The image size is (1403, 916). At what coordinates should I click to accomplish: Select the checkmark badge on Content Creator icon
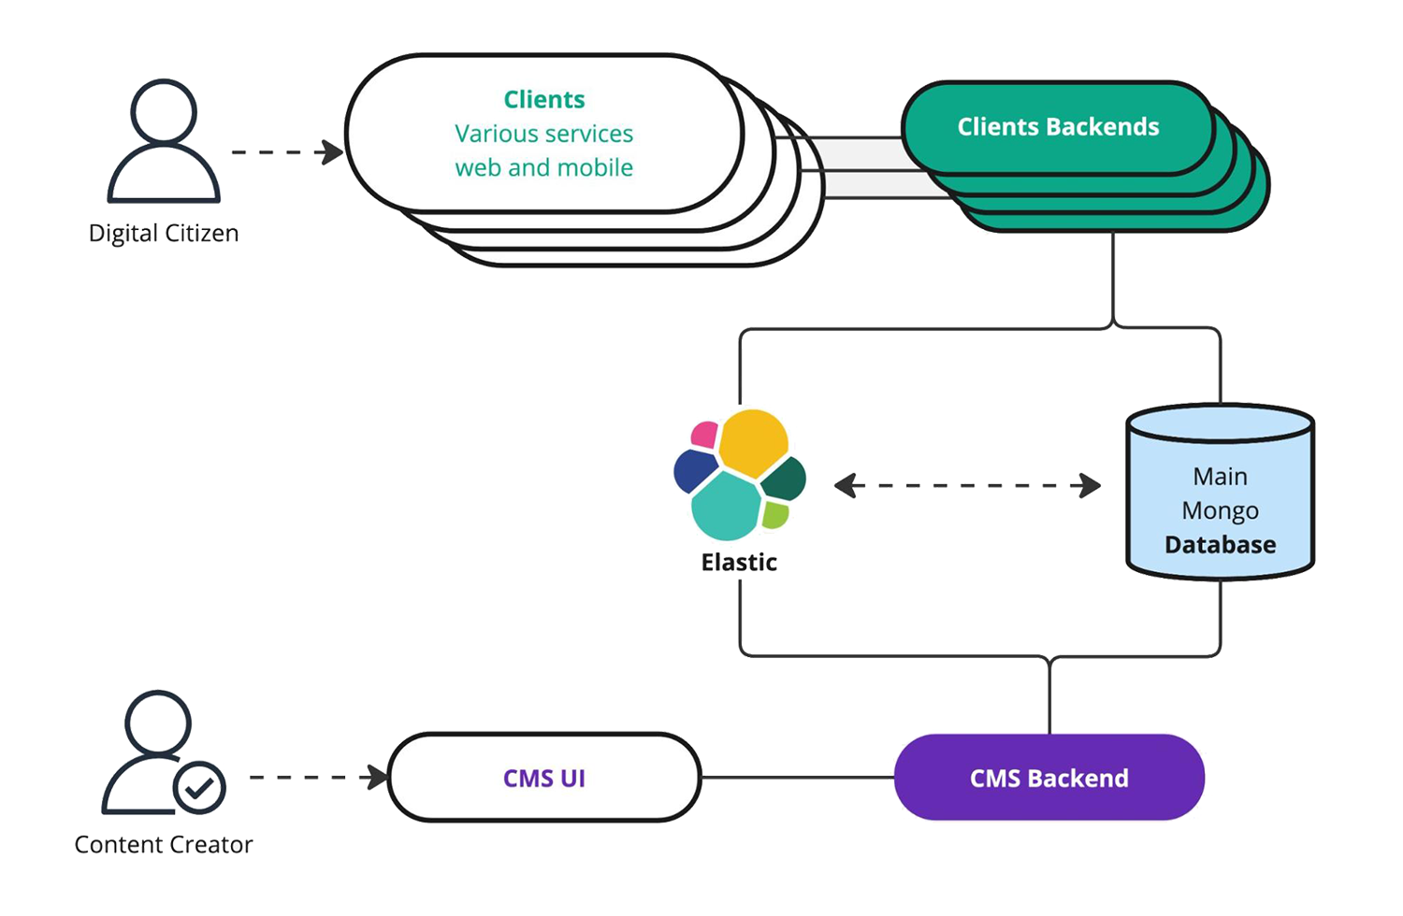pyautogui.click(x=199, y=788)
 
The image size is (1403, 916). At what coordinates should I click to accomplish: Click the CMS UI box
pyautogui.click(x=544, y=778)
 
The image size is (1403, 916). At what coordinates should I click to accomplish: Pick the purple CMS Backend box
pyautogui.click(x=1049, y=778)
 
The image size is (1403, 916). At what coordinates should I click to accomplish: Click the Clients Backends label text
pyautogui.click(x=1058, y=127)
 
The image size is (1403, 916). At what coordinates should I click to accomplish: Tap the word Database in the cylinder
pyautogui.click(x=1220, y=545)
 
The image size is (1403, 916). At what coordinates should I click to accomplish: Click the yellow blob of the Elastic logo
pyautogui.click(x=753, y=440)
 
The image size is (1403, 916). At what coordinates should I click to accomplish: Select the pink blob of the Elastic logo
pyautogui.click(x=704, y=435)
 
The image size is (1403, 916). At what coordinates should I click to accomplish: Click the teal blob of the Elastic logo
pyautogui.click(x=726, y=505)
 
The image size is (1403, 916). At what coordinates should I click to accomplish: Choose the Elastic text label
pyautogui.click(x=739, y=562)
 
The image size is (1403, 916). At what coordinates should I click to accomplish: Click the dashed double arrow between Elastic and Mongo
pyautogui.click(x=967, y=486)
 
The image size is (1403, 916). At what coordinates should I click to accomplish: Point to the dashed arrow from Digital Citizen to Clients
pyautogui.click(x=285, y=151)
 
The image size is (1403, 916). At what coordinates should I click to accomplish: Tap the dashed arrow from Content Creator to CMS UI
pyautogui.click(x=316, y=777)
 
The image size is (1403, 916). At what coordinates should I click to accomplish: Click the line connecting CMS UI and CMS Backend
pyautogui.click(x=797, y=777)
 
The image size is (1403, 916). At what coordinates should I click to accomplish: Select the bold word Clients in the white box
pyautogui.click(x=543, y=99)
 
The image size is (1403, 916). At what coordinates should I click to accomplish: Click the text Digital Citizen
pyautogui.click(x=164, y=233)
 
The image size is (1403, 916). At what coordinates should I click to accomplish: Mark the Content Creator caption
pyautogui.click(x=164, y=844)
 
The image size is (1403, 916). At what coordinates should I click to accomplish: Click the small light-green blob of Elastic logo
pyautogui.click(x=774, y=513)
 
